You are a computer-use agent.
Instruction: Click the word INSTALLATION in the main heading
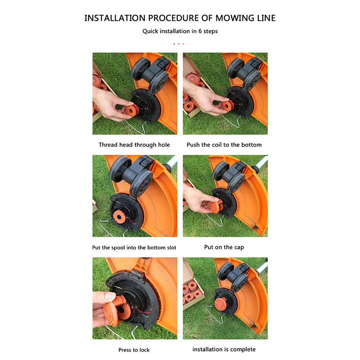(115, 18)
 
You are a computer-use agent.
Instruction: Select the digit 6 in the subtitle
(200, 31)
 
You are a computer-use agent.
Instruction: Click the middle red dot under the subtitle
(179, 44)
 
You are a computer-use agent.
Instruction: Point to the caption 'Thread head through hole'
(134, 145)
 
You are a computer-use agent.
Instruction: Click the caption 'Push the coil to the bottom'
(224, 145)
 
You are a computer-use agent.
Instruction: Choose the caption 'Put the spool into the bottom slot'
(134, 247)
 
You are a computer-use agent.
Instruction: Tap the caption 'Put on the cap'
(224, 247)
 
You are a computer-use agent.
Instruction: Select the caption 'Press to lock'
(134, 350)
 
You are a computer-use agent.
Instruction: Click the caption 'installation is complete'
(224, 350)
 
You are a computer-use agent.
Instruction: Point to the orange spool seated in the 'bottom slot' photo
(119, 216)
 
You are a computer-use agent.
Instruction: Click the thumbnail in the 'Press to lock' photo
(110, 295)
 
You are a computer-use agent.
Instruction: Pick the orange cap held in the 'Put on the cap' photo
(216, 206)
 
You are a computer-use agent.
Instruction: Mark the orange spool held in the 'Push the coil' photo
(227, 106)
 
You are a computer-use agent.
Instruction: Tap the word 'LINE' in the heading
(266, 18)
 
